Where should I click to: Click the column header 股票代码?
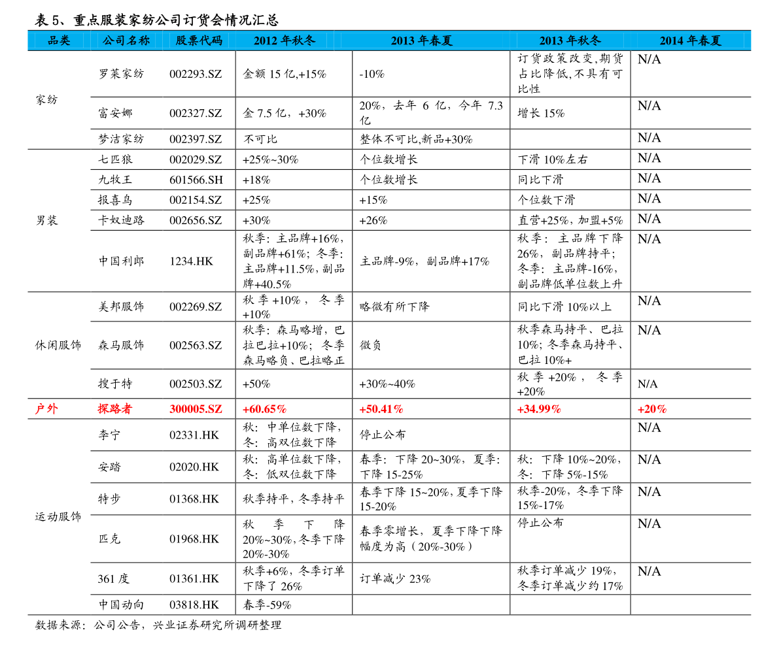(x=199, y=41)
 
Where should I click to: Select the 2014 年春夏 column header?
(x=690, y=41)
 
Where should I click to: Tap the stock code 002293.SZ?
(x=196, y=74)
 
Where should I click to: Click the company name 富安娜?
(x=115, y=113)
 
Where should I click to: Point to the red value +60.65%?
(x=264, y=409)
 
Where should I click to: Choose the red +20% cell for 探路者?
(x=652, y=409)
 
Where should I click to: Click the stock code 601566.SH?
(x=196, y=180)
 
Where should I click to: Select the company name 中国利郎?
(x=121, y=261)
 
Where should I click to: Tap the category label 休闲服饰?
(x=58, y=345)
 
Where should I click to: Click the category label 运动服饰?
(x=58, y=516)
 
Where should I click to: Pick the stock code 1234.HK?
(x=191, y=261)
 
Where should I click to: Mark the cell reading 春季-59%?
(x=267, y=604)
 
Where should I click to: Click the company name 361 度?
(x=113, y=579)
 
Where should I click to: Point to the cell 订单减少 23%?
(x=395, y=579)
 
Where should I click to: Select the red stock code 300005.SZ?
(x=196, y=409)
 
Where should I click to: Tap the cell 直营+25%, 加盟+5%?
(x=570, y=220)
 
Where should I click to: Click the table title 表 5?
(x=48, y=20)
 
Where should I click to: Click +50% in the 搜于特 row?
(x=256, y=384)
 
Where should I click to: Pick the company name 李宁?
(x=109, y=435)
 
